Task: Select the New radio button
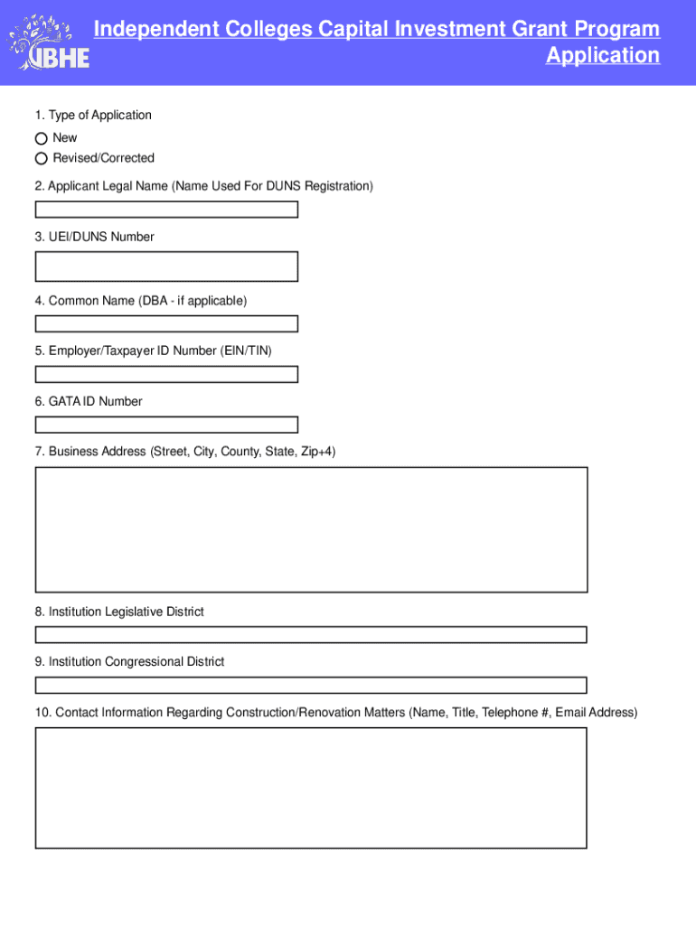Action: click(41, 138)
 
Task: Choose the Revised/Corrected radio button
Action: click(41, 158)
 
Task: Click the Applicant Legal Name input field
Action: click(166, 210)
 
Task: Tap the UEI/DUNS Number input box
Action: click(166, 266)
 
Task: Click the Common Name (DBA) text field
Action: click(166, 323)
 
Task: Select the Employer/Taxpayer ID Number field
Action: click(166, 374)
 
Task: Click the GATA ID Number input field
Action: click(166, 425)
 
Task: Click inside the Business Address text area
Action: click(311, 529)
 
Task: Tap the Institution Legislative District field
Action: click(311, 635)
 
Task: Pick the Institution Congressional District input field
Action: click(311, 685)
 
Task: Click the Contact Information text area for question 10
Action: click(311, 788)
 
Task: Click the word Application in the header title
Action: click(603, 56)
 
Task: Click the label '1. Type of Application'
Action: click(93, 115)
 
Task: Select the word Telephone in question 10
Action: click(511, 713)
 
